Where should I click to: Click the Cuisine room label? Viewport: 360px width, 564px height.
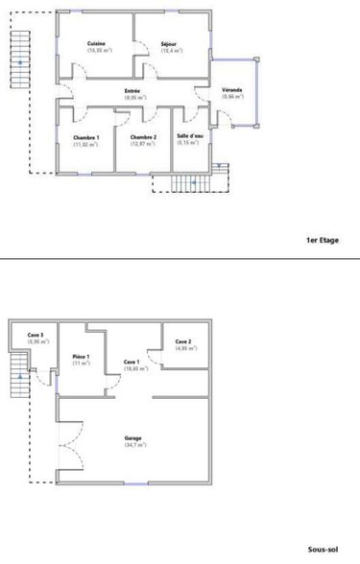(x=96, y=44)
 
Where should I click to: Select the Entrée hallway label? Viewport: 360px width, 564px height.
(x=132, y=91)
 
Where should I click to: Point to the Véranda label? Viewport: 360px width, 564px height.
(x=231, y=91)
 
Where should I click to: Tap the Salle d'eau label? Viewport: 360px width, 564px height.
(x=189, y=137)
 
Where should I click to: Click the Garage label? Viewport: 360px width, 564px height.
(x=132, y=438)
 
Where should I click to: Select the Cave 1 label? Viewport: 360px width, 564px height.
(x=132, y=362)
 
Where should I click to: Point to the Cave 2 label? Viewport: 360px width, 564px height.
(x=184, y=342)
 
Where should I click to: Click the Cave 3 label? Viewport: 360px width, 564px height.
(x=36, y=335)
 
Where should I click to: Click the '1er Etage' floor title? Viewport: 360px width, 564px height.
(x=323, y=241)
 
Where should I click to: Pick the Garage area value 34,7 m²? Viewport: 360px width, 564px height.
(x=132, y=445)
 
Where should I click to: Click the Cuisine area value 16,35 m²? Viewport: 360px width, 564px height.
(x=96, y=50)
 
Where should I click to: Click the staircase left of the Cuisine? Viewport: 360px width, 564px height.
(x=18, y=58)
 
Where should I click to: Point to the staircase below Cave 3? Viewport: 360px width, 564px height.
(x=17, y=377)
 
